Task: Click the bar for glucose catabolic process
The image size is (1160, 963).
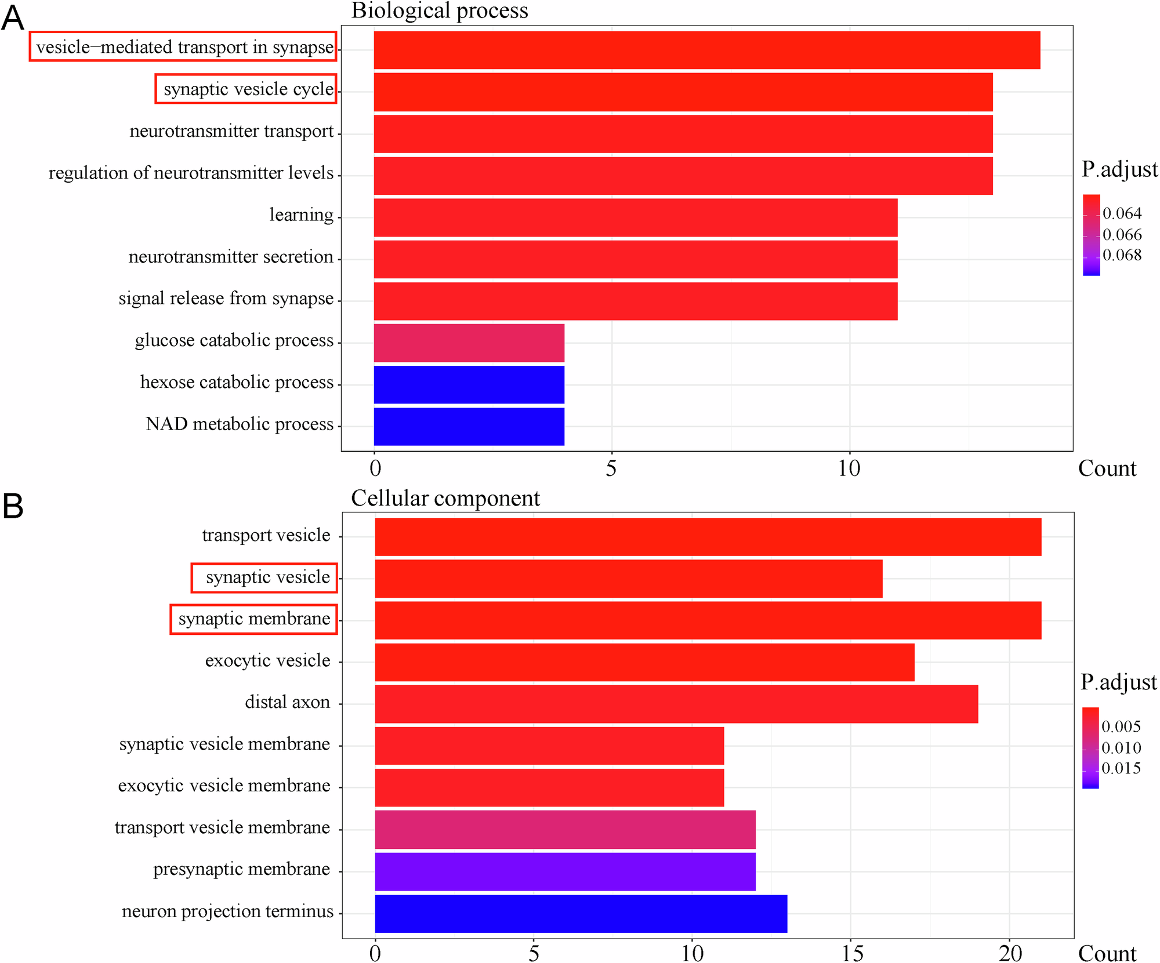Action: point(469,343)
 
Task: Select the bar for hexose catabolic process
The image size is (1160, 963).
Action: point(469,384)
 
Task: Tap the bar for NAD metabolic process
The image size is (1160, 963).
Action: point(469,426)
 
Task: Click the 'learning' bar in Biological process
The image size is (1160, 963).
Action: point(635,217)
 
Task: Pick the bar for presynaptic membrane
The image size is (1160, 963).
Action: point(565,871)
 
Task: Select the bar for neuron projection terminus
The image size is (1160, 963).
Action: point(581,913)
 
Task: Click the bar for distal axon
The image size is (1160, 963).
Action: point(676,704)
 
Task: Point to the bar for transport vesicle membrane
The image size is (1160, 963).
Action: point(565,829)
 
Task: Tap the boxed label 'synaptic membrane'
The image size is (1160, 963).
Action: point(254,619)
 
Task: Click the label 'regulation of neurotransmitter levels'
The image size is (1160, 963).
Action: point(191,173)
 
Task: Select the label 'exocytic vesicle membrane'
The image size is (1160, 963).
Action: point(224,786)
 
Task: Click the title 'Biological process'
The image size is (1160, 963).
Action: point(439,10)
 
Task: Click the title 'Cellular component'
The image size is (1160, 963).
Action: point(445,498)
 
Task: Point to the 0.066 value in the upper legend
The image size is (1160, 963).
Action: point(1122,234)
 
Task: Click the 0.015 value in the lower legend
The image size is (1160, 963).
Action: point(1121,768)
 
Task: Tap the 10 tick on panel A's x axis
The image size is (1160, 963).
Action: point(849,468)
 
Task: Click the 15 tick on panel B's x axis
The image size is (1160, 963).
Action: point(851,953)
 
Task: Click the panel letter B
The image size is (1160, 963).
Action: point(13,506)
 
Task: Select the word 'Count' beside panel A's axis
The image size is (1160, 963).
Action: point(1107,468)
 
